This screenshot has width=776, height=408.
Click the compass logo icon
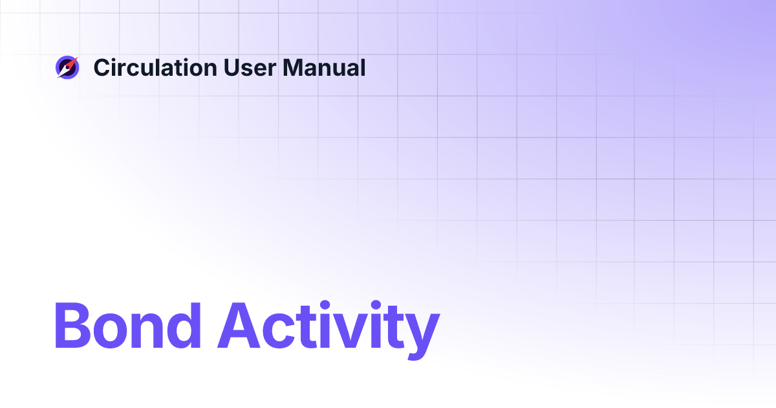[67, 67]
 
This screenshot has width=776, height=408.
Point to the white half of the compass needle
[63, 72]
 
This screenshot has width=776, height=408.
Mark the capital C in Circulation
[102, 67]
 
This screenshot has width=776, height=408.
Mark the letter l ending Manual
[363, 67]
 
